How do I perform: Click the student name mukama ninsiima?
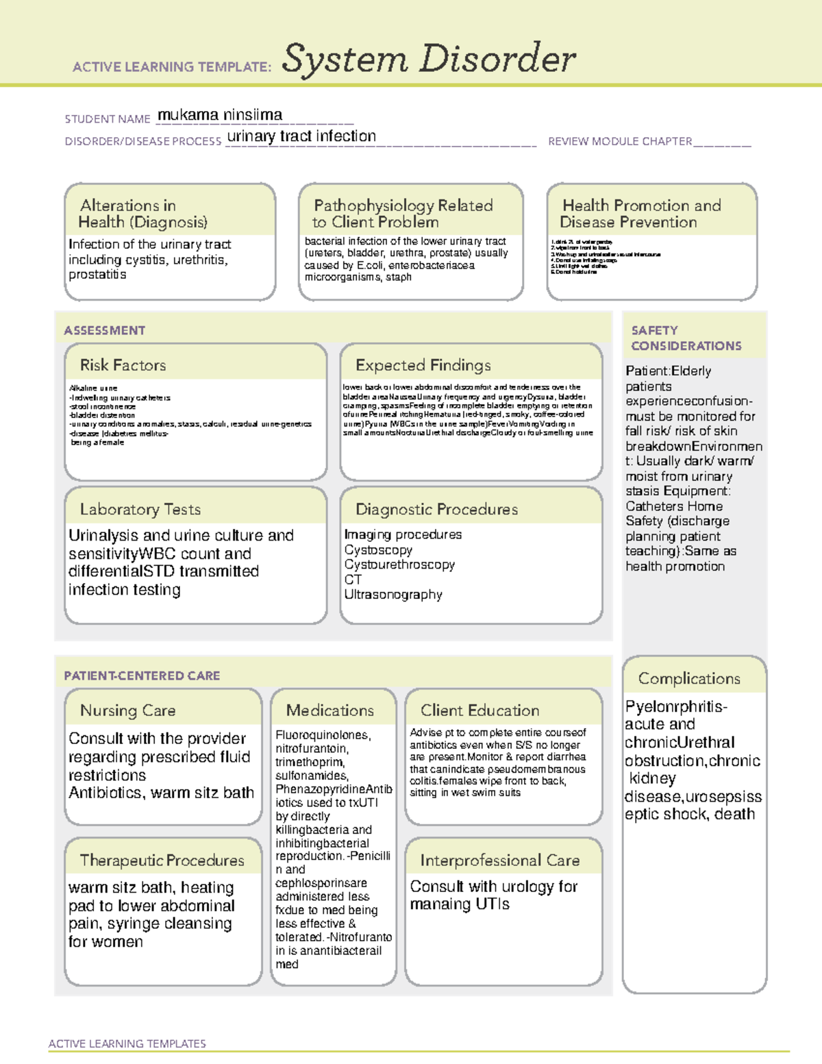click(219, 115)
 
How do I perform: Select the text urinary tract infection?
click(301, 136)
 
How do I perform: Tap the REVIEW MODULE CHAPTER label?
click(620, 142)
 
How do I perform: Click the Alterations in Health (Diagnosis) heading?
click(142, 214)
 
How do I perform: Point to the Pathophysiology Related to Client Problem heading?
click(403, 214)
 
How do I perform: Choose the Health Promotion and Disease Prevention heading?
click(641, 214)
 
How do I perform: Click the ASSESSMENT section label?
click(105, 330)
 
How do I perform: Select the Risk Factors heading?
click(123, 365)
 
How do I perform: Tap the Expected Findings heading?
click(423, 365)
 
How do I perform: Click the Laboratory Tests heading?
click(140, 509)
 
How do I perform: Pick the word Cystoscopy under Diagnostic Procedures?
click(378, 550)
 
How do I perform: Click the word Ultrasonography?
click(393, 595)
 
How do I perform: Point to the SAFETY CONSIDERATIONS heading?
click(686, 338)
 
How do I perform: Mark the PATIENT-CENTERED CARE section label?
click(142, 676)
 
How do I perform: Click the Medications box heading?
click(330, 710)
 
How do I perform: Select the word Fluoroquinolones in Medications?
click(323, 735)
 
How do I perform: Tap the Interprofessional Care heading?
click(500, 861)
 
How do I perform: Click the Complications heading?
click(689, 678)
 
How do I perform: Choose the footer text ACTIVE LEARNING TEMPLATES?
click(127, 1043)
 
